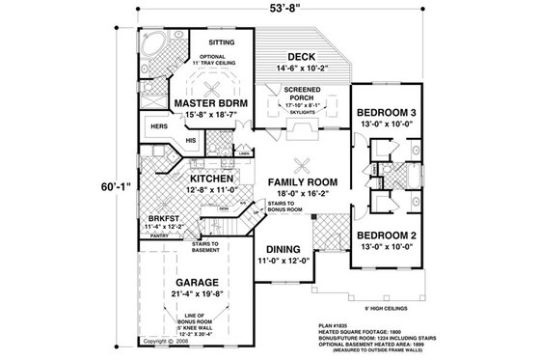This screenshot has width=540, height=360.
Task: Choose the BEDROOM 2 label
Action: (387, 235)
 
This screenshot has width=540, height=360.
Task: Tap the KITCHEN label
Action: (195, 180)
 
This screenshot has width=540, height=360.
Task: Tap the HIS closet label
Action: (190, 140)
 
